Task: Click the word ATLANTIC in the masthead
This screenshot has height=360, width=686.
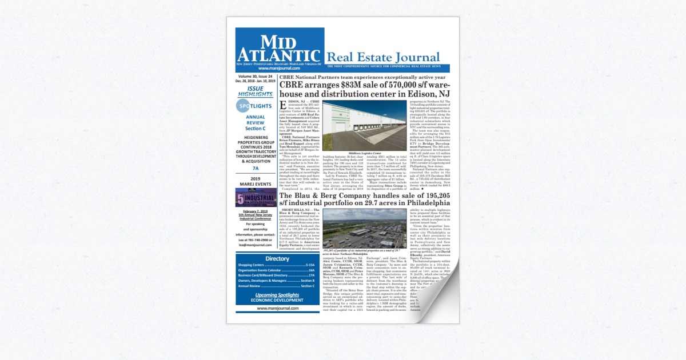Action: click(x=280, y=55)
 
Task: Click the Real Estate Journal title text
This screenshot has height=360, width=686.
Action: click(x=382, y=58)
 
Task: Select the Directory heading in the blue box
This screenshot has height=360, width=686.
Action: click(x=277, y=258)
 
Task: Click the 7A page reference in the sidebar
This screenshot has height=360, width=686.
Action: click(x=255, y=169)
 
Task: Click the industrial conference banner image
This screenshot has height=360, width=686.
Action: click(x=255, y=198)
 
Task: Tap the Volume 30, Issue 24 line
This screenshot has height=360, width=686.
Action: click(x=255, y=76)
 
